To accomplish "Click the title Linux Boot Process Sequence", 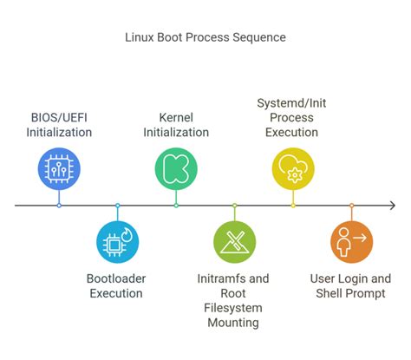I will coord(205,37).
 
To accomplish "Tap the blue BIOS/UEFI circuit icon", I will coord(59,168).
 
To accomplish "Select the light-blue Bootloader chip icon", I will coord(118,242).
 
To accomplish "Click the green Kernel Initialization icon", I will coord(176,168).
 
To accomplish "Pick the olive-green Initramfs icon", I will coord(234,242).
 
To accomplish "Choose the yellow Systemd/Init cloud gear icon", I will coord(293,168).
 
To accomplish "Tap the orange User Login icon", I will coord(351,242).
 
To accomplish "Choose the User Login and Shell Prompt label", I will coord(350,285).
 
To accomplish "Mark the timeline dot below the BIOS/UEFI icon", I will coord(59,206).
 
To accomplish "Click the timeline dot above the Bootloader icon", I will coord(118,206).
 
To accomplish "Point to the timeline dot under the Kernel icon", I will coord(176,206).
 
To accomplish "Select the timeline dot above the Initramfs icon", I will coord(234,206).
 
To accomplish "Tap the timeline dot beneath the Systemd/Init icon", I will coord(293,206).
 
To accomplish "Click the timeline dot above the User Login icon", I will coord(351,206).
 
